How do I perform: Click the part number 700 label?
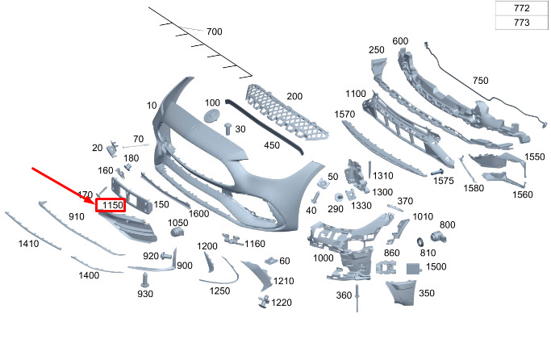click(x=214, y=31)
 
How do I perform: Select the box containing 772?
click(x=521, y=8)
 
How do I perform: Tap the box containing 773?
click(x=521, y=23)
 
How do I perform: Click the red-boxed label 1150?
click(x=111, y=206)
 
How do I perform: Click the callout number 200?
click(x=294, y=96)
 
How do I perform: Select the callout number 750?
click(x=481, y=81)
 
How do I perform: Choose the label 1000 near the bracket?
click(x=324, y=257)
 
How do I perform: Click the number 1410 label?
click(x=28, y=243)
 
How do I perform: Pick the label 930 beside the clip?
click(x=144, y=294)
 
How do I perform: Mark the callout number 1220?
click(x=282, y=303)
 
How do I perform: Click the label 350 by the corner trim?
click(x=427, y=293)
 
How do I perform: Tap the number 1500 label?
click(x=436, y=266)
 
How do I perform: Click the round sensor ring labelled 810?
click(x=420, y=241)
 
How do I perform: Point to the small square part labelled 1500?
click(x=411, y=267)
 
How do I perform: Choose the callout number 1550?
click(x=535, y=157)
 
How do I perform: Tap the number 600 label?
click(x=400, y=41)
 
